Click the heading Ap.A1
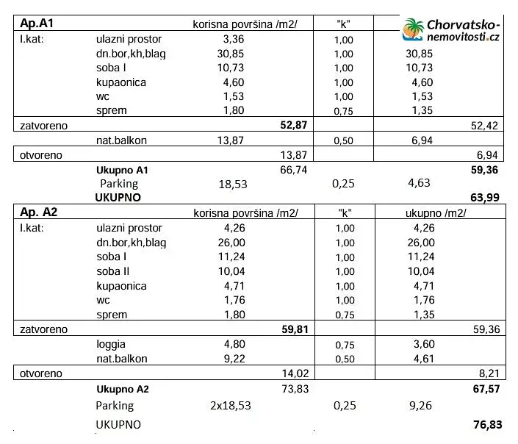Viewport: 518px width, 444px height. coord(35,23)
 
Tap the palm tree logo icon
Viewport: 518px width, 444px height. coord(413,29)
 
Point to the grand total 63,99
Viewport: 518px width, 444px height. coord(485,197)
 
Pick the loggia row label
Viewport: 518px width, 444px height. coord(111,343)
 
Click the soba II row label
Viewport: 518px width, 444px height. coord(113,271)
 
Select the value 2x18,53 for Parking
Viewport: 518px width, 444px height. coord(235,405)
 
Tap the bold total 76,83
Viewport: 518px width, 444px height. coord(485,425)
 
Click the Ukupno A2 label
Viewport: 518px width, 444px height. coord(123,389)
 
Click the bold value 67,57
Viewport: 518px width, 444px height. coord(485,388)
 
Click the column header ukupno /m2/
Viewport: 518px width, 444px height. coord(436,213)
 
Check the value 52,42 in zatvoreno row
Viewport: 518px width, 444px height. coord(485,126)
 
